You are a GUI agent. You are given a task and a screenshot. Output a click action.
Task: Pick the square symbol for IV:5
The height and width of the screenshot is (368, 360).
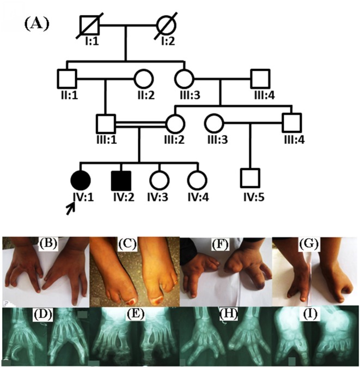pos(250,178)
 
